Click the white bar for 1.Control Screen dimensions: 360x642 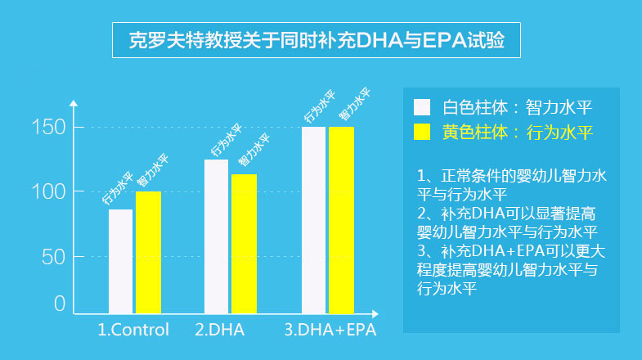point(120,261)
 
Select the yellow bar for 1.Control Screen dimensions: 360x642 point(148,252)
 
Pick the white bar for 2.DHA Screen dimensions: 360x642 point(216,236)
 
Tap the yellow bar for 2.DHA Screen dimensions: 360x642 point(244,243)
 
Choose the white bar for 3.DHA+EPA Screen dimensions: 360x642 point(313,219)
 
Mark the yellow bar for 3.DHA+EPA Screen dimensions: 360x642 point(341,219)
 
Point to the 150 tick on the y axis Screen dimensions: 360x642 point(47,127)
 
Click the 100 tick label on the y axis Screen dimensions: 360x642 point(47,191)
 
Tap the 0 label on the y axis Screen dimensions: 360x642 point(59,304)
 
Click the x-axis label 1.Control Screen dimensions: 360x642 point(133,331)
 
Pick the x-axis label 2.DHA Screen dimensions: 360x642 point(220,331)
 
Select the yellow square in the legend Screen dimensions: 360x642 point(423,132)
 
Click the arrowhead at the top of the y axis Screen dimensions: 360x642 point(74,103)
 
